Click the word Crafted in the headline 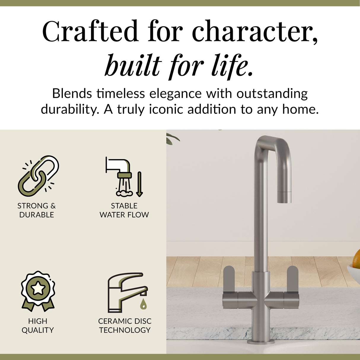tap(90, 31)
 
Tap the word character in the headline tap(255, 31)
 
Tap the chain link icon tap(38, 176)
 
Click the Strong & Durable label tap(36, 210)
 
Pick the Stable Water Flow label tap(124, 210)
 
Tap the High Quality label tap(38, 326)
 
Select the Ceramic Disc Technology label tap(125, 326)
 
